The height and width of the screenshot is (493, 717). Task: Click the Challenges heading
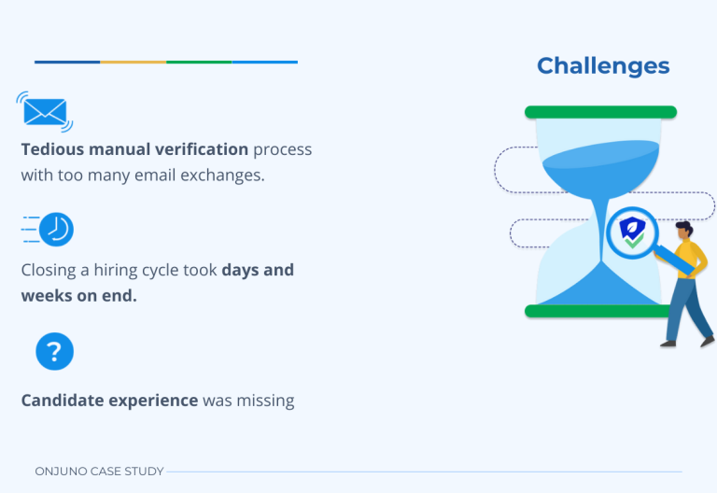point(603,66)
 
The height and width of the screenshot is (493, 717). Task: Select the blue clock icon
point(56,230)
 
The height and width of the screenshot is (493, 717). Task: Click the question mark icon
point(54,352)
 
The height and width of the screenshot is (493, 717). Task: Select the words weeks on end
point(78,296)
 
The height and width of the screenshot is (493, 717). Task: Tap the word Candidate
point(63,401)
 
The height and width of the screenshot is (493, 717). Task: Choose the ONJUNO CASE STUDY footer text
point(99,472)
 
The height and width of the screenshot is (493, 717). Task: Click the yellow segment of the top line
point(133,63)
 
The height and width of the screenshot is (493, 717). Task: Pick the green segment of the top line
point(199,63)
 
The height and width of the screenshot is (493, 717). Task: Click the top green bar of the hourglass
point(600,112)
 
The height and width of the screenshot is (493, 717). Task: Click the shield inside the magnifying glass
point(633,232)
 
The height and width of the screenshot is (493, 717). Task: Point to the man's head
point(683,230)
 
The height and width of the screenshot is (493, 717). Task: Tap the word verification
point(202,149)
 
